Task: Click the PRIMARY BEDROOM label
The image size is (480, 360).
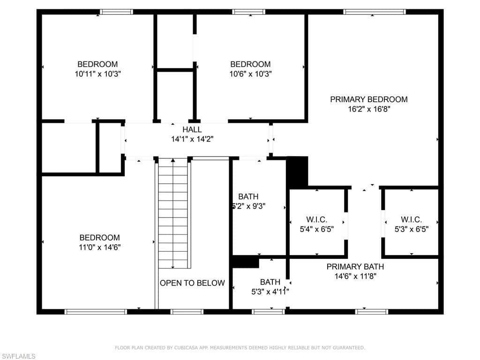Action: click(x=368, y=99)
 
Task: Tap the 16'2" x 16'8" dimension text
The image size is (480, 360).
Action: click(x=369, y=109)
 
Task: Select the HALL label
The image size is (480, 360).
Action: click(x=192, y=129)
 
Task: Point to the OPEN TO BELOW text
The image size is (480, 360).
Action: click(x=192, y=283)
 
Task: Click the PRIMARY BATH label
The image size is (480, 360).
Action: click(x=355, y=267)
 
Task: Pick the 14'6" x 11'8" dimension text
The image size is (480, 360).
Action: click(x=355, y=276)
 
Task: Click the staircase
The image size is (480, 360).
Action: click(x=173, y=213)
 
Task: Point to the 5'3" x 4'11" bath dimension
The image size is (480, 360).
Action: click(x=270, y=292)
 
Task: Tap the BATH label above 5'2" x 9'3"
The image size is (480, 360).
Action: click(x=248, y=196)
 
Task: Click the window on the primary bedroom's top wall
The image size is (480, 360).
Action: click(x=375, y=12)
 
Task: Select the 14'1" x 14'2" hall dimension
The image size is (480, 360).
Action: click(x=192, y=139)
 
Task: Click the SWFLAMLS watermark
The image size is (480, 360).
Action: click(x=18, y=356)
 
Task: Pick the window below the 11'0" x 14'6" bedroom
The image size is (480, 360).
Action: click(x=96, y=312)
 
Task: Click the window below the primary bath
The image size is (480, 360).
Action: click(x=372, y=312)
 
